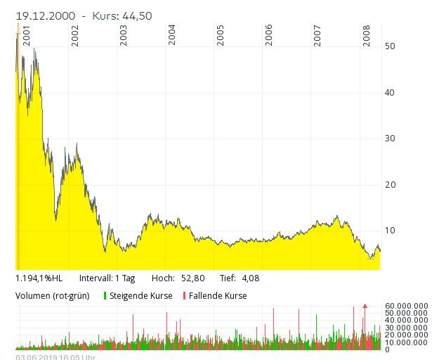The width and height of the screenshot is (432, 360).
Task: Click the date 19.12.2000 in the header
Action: tap(46, 15)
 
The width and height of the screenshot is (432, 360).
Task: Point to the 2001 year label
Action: tap(27, 36)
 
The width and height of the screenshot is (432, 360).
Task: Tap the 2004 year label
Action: tap(172, 36)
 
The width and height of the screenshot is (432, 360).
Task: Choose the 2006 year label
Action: tap(269, 36)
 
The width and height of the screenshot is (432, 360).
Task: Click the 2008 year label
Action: tap(367, 36)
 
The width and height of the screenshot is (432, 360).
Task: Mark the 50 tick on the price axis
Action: tap(391, 46)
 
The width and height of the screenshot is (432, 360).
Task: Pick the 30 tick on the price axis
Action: tap(391, 139)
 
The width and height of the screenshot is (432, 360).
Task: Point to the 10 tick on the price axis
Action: tap(391, 231)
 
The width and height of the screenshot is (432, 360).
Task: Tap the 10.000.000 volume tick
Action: tap(407, 342)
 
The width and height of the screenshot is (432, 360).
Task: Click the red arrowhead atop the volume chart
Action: tap(365, 306)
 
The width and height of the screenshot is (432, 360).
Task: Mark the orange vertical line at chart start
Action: tap(17, 141)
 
